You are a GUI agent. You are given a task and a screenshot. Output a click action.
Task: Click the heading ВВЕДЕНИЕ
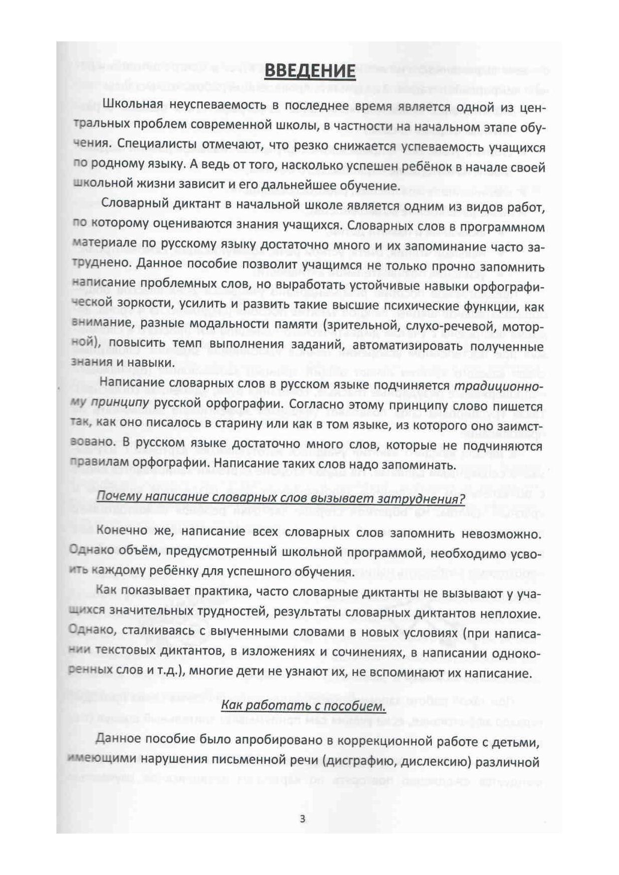coord(309,71)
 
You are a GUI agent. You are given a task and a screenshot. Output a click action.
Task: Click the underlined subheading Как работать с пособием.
coord(304,706)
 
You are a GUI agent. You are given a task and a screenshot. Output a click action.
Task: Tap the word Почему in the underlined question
coord(116,497)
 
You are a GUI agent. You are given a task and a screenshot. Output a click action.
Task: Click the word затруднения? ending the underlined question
coord(428,497)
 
